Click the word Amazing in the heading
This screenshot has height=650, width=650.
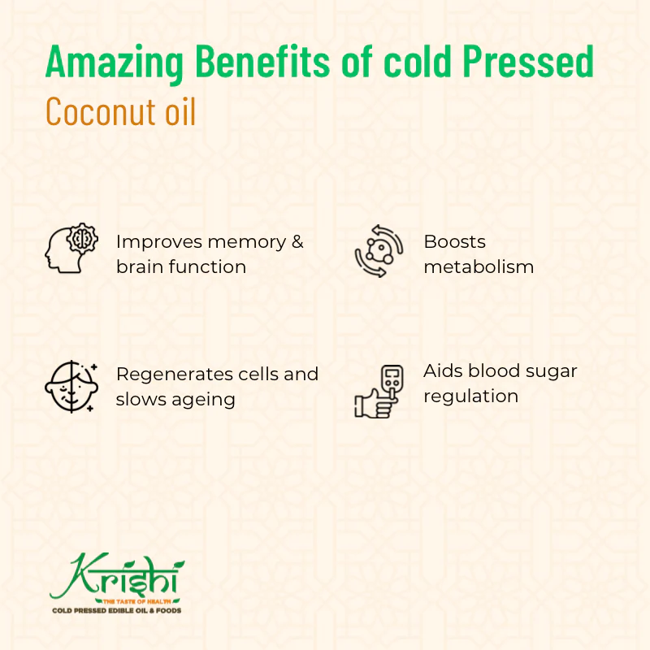114,63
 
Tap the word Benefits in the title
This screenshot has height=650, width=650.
262,61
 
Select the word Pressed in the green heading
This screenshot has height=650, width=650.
528,61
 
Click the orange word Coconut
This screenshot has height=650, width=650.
97,111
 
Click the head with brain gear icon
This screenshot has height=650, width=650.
71,248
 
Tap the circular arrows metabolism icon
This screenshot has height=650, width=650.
379,251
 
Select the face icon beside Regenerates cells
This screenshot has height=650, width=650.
71,387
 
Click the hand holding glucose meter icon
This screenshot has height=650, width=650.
379,391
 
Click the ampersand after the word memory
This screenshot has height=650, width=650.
297,242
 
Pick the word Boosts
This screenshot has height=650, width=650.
454,241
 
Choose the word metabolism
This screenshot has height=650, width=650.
479,266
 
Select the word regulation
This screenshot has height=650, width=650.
471,396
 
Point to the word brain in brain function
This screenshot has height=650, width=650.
141,266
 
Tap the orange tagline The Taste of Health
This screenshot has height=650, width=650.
136,601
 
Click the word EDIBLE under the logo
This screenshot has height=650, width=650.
123,611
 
